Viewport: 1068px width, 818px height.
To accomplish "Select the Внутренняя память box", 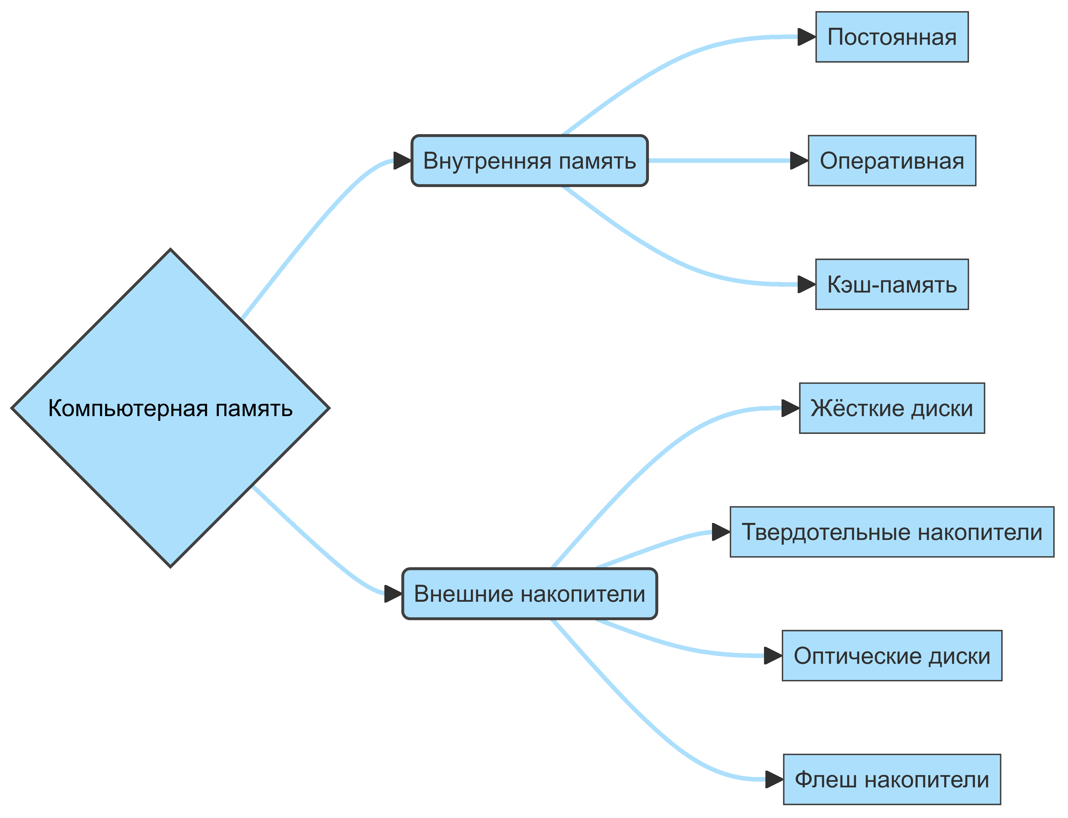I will (x=529, y=161).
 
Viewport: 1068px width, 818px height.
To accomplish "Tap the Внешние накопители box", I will (x=529, y=594).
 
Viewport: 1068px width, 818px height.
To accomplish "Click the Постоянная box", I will (x=892, y=37).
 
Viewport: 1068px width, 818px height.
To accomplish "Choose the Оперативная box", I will (x=892, y=161).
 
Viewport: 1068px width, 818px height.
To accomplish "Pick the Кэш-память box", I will (x=892, y=284).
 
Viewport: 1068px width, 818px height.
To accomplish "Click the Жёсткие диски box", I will (x=892, y=408).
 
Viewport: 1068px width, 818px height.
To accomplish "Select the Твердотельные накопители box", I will (x=892, y=532).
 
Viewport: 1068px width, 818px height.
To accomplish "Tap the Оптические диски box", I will (x=892, y=655).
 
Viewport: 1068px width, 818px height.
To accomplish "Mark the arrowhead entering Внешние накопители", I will (x=393, y=594).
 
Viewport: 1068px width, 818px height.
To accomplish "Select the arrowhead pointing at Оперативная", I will (x=799, y=161).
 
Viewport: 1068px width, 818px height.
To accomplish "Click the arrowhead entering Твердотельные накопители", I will (x=721, y=532).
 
